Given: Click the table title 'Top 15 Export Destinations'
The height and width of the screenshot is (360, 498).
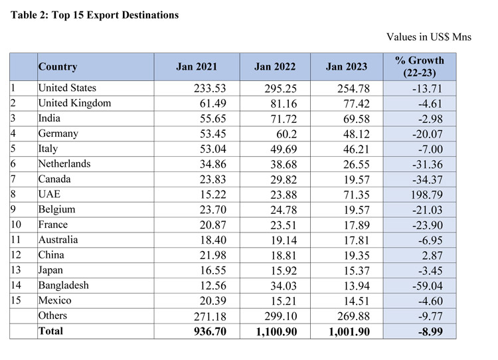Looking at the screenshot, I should pyautogui.click(x=95, y=15).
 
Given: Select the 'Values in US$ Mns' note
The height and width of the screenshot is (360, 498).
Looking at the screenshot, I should pyautogui.click(x=428, y=37).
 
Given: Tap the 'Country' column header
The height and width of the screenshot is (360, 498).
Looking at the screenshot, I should pyautogui.click(x=58, y=66).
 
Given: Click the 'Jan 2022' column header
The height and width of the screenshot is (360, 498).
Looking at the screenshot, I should pyautogui.click(x=274, y=66).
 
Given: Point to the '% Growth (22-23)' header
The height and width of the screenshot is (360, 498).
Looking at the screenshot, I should pyautogui.click(x=419, y=66).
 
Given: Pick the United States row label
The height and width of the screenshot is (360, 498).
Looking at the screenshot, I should pyautogui.click(x=67, y=88).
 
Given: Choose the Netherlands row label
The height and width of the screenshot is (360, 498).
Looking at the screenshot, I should pyautogui.click(x=64, y=163).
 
